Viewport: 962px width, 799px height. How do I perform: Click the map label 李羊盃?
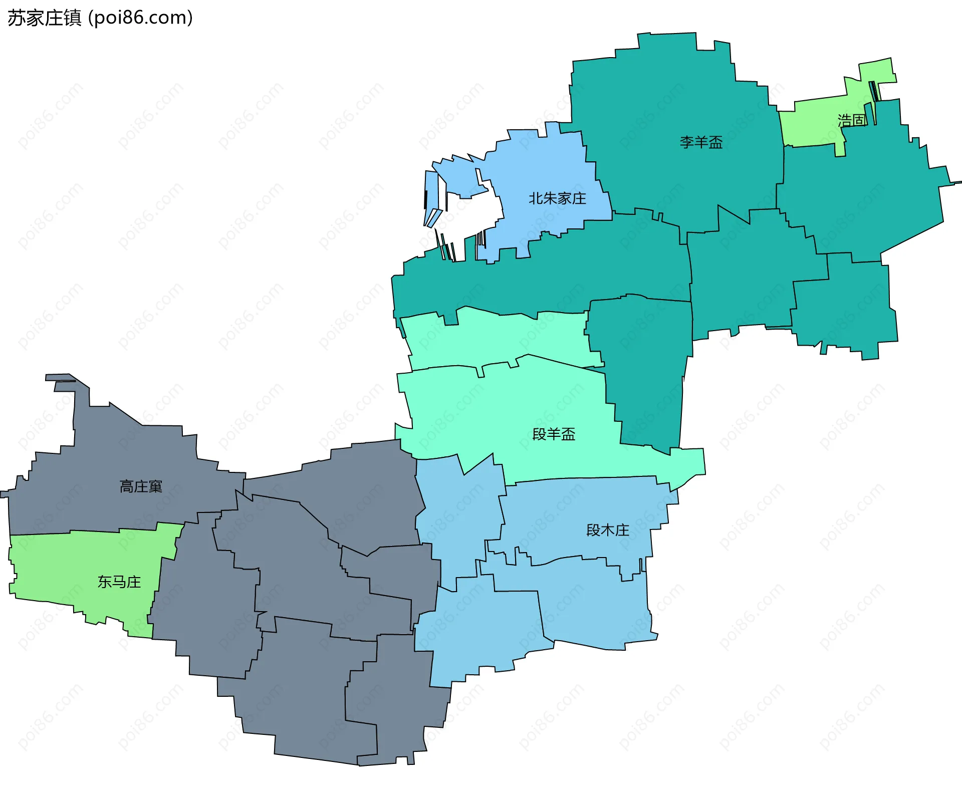point(701,143)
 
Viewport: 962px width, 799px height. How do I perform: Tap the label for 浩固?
point(851,120)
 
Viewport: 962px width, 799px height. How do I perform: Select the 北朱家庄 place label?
point(557,199)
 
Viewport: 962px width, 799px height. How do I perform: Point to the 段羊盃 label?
point(554,434)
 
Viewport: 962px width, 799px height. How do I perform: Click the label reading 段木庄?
point(608,530)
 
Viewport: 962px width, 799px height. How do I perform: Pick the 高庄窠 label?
point(141,486)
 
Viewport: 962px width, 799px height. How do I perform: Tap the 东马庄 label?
point(119,582)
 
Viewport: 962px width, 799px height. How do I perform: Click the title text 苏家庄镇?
point(44,18)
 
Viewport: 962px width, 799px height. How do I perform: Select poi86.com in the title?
point(140,18)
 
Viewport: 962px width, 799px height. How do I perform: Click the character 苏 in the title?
point(16,18)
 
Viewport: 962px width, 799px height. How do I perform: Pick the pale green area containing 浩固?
point(812,123)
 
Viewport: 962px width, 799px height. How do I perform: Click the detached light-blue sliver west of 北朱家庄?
point(430,195)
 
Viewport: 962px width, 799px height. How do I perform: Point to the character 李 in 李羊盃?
point(686,143)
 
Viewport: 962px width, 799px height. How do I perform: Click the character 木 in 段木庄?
point(608,530)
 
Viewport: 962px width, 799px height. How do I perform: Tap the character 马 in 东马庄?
point(119,582)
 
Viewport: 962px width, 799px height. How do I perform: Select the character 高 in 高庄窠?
point(126,486)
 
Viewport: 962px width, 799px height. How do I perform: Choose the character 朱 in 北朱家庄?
point(550,199)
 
